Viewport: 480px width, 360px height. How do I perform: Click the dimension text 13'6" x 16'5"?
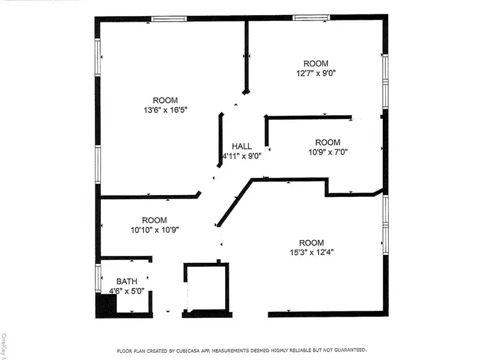point(166,110)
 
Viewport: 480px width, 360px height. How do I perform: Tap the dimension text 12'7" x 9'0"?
point(316,73)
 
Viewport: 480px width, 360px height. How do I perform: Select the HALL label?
point(242,146)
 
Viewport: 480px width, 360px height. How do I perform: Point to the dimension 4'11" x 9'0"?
point(242,156)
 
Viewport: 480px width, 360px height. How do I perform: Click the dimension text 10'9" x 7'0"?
point(328,152)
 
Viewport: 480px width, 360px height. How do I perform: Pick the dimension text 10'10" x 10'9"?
point(155,230)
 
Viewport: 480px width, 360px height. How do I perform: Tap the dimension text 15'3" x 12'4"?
point(311,253)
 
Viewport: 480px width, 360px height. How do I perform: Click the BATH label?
point(127,281)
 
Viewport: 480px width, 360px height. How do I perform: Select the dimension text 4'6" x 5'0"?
point(127,291)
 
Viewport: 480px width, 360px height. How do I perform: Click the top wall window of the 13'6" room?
point(169,19)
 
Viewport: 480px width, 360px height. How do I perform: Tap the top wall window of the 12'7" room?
point(311,18)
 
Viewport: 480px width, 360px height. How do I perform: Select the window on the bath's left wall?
point(98,278)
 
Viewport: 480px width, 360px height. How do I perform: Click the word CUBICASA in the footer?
point(188,351)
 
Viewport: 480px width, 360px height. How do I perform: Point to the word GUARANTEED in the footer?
point(350,350)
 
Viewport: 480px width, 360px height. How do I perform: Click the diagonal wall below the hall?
point(235,203)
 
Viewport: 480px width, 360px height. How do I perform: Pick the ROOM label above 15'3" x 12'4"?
point(311,243)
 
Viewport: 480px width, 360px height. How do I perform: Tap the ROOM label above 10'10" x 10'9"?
point(155,220)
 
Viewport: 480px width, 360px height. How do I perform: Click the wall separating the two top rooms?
point(247,57)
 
